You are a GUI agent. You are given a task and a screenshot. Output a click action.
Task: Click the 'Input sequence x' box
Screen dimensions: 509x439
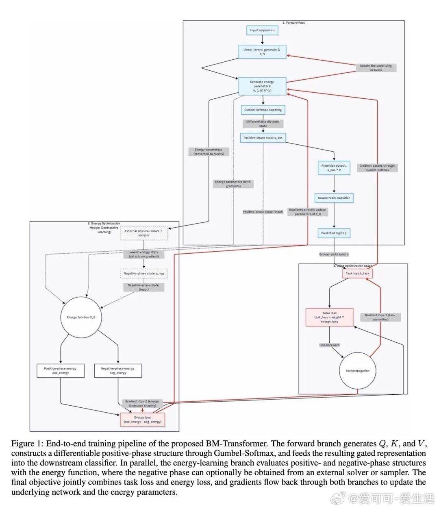click(x=262, y=30)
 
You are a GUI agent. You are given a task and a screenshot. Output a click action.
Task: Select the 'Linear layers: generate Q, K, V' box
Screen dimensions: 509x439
click(x=262, y=52)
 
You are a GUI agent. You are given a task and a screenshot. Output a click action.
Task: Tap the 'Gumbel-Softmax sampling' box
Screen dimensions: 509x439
click(x=263, y=110)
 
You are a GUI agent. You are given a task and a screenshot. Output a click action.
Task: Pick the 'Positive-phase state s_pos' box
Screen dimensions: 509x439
click(x=263, y=138)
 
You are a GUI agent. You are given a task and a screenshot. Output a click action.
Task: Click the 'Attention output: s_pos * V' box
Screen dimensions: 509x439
click(x=334, y=168)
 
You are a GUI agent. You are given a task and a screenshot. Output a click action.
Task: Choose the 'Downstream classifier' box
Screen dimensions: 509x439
click(x=334, y=198)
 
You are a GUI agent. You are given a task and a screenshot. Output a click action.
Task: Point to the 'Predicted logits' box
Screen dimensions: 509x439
click(x=334, y=233)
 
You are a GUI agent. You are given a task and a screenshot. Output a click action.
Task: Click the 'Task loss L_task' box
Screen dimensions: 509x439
click(x=357, y=274)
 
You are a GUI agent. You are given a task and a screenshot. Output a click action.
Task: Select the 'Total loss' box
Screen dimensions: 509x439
click(x=329, y=317)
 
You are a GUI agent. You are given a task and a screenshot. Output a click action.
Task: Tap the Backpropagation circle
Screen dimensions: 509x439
click(x=357, y=371)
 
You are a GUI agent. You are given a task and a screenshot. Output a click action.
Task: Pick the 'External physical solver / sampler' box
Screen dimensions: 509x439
click(x=143, y=233)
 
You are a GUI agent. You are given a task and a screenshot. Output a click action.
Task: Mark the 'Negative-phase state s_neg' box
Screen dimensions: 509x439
click(x=143, y=274)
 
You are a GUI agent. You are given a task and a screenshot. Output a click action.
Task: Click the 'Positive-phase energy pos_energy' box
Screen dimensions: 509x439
click(x=61, y=370)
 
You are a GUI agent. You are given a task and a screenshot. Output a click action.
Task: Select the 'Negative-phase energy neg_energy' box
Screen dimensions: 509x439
click(x=117, y=370)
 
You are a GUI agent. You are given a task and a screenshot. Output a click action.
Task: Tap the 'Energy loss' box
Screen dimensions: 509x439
click(x=142, y=420)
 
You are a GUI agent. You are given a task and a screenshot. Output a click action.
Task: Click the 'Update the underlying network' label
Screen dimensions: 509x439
click(x=376, y=68)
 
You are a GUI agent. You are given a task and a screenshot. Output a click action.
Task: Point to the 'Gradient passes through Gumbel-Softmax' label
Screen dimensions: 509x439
click(x=377, y=168)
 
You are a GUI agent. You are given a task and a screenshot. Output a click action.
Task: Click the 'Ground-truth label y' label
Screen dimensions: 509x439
click(x=334, y=254)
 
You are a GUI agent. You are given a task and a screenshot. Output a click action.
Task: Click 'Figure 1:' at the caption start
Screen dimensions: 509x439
click(x=26, y=444)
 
